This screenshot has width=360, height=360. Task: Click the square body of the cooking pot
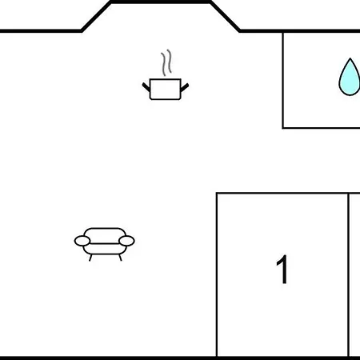pyautogui.click(x=166, y=89)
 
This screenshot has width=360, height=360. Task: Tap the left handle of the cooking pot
pyautogui.click(x=146, y=87)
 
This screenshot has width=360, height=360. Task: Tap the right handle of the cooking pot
pyautogui.click(x=185, y=87)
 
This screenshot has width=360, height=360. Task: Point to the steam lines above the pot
pyautogui.click(x=166, y=62)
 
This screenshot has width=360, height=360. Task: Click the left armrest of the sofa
pyautogui.click(x=82, y=241)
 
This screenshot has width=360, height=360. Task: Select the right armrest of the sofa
pyautogui.click(x=126, y=241)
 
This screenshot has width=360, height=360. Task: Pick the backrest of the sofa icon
pyautogui.click(x=105, y=233)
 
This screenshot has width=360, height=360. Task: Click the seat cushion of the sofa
pyautogui.click(x=105, y=249)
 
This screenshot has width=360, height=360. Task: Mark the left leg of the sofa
pyautogui.click(x=90, y=258)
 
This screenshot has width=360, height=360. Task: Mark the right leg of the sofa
pyautogui.click(x=120, y=258)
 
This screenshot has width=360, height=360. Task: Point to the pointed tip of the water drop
pyautogui.click(x=350, y=58)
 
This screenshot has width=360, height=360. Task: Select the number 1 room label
pyautogui.click(x=282, y=270)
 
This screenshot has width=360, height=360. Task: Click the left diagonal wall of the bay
pyautogui.click(x=96, y=17)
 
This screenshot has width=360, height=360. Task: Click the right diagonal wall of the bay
pyautogui.click(x=225, y=17)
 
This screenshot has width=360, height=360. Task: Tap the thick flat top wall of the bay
pyautogui.click(x=161, y=2)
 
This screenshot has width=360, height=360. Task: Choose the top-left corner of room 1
pyautogui.click(x=217, y=193)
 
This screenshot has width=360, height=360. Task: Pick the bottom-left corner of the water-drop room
pyautogui.click(x=283, y=128)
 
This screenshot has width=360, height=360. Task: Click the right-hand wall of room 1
pyautogui.click(x=348, y=274)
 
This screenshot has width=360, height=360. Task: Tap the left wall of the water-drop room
pyautogui.click(x=283, y=80)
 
